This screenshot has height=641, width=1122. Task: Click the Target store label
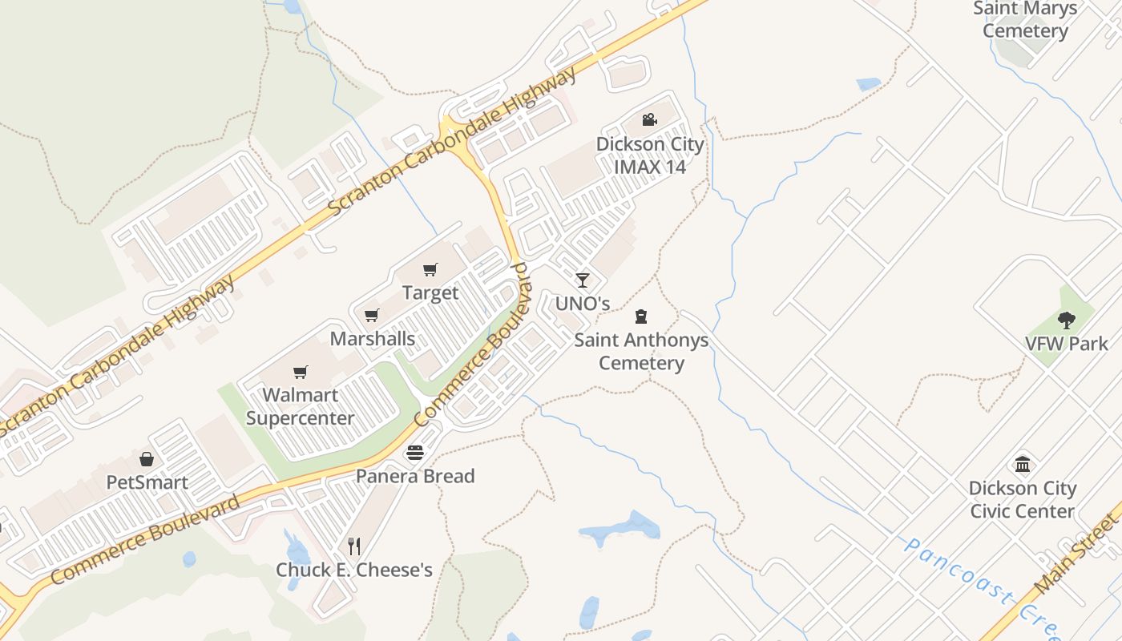point(430,293)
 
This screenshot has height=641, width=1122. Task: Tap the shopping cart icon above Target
point(430,269)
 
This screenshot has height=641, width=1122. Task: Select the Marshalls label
point(373,338)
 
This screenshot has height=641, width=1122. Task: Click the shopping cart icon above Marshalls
point(371,315)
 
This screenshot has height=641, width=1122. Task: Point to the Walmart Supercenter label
point(300,406)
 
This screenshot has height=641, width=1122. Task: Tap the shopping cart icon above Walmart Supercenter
point(301,372)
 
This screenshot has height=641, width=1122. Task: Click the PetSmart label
point(147,482)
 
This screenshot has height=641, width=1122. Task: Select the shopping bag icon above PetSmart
point(147,459)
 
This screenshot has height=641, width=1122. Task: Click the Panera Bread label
point(415,476)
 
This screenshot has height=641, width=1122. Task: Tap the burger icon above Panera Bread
point(414,454)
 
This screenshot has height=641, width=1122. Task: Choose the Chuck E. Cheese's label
point(354,570)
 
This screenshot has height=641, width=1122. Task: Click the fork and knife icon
point(354,546)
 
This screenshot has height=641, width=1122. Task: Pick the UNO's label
point(583,304)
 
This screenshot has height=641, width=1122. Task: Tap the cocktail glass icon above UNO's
point(583,280)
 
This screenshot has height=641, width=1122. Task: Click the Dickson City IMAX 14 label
point(650,155)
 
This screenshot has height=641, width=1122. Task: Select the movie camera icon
point(649,120)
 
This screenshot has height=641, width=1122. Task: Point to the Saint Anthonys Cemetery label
point(641,351)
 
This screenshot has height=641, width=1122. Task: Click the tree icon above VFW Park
point(1066,320)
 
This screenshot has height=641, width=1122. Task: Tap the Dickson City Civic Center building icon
point(1023,464)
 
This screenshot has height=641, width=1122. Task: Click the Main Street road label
point(1076,554)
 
